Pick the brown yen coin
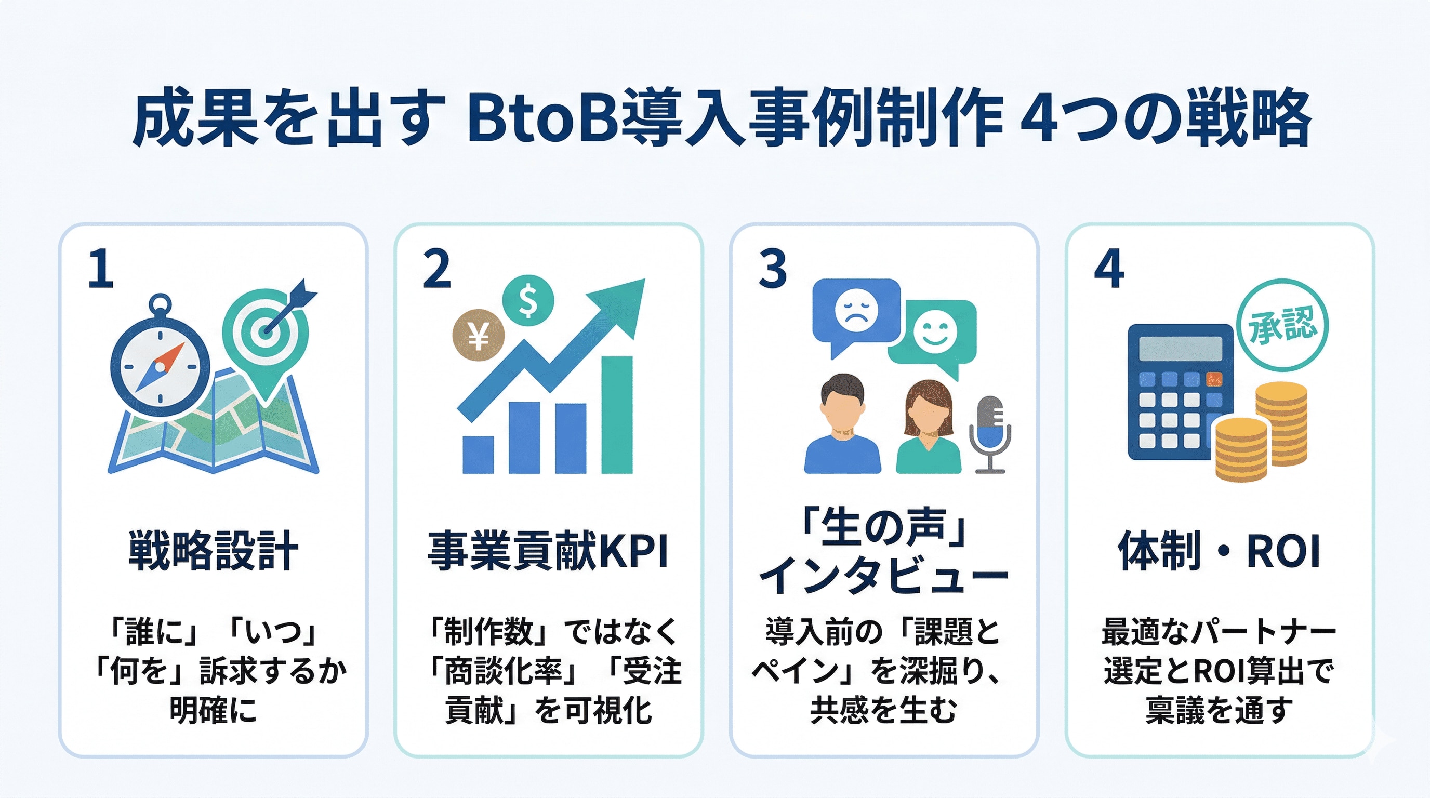(478, 335)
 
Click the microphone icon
(990, 433)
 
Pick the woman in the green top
(928, 427)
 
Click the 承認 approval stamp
(1282, 325)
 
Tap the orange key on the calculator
(1214, 379)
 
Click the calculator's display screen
(1181, 349)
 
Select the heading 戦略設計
(214, 551)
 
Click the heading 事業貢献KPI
(548, 551)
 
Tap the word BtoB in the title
(543, 119)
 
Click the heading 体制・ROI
(1219, 551)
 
